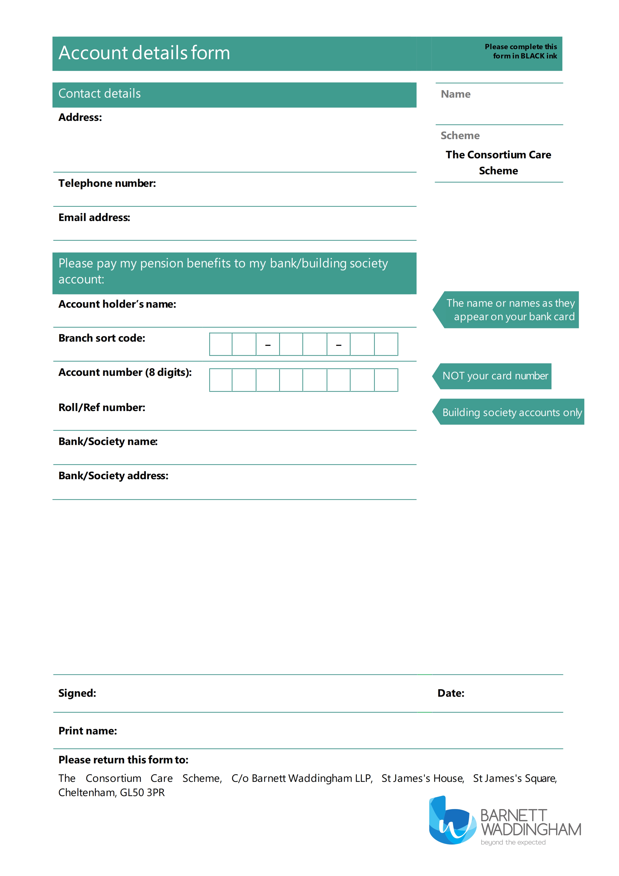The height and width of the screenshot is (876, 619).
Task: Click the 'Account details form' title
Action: [144, 53]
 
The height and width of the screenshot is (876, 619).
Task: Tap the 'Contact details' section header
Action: [100, 93]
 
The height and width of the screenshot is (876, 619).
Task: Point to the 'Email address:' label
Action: [94, 218]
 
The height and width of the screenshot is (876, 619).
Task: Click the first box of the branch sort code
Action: [221, 344]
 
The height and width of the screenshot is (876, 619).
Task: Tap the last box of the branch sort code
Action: [386, 344]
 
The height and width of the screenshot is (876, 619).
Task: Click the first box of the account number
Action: [221, 380]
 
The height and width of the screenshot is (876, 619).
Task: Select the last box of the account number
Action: [386, 380]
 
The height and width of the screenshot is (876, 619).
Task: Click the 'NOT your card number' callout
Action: [495, 376]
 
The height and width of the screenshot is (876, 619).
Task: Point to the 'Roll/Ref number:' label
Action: [102, 408]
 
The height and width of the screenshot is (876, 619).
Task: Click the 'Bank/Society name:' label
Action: [108, 441]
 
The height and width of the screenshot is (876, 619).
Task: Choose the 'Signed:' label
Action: [77, 693]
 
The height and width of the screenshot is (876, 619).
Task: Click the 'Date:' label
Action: [451, 693]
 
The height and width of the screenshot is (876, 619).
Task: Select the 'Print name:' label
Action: [88, 731]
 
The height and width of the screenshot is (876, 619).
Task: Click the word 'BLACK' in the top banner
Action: [533, 56]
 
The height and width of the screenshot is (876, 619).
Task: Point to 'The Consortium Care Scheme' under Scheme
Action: [498, 163]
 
